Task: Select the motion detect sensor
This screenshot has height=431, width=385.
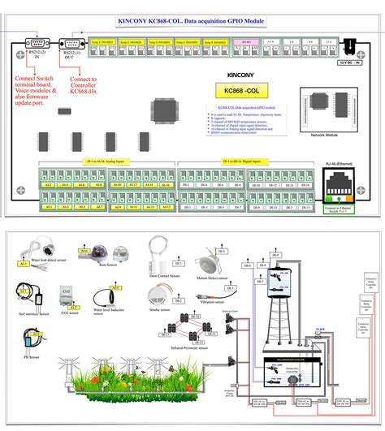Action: tap(207, 268)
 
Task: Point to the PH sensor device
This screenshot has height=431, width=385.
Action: tap(34, 341)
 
